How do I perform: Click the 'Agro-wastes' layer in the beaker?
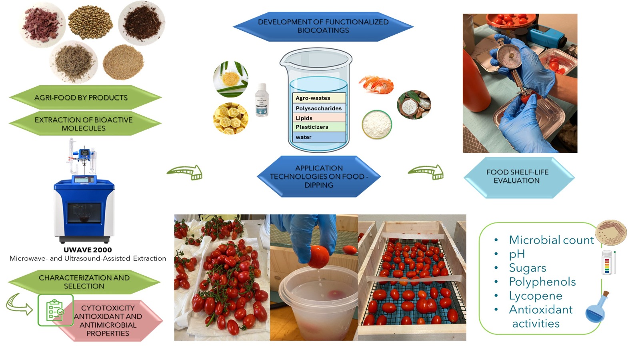(x=319, y=98)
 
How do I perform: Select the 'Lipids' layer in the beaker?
(x=319, y=118)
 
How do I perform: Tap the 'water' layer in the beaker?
(x=319, y=137)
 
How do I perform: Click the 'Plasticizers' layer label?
(x=312, y=127)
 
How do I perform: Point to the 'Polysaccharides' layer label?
(x=318, y=108)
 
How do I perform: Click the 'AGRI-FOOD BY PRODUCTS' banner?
(x=85, y=98)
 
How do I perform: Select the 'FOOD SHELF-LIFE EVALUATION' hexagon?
(x=519, y=177)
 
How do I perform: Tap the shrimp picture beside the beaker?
(x=376, y=84)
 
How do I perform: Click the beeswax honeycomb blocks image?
(x=230, y=118)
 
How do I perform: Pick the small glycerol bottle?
(x=262, y=100)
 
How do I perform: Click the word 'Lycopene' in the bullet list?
(x=536, y=296)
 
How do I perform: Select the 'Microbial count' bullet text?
(x=551, y=240)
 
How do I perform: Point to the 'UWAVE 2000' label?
(x=88, y=250)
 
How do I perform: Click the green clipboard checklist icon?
(x=56, y=310)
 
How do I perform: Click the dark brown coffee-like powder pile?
(x=142, y=23)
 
